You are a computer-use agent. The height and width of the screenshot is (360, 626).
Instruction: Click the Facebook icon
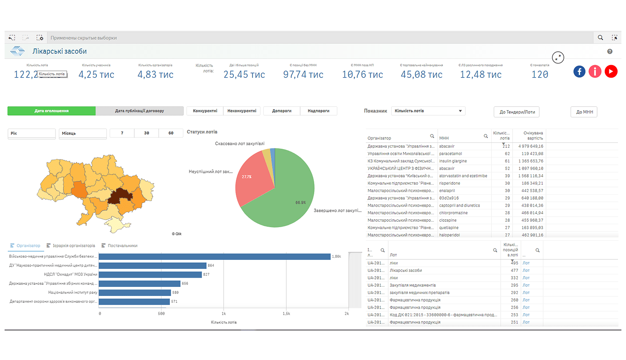[x=579, y=71]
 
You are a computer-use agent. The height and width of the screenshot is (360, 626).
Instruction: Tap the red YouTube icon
[x=611, y=71]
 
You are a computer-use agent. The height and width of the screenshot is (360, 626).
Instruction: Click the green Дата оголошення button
[x=52, y=111]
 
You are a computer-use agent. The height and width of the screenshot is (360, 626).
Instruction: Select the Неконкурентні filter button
[x=242, y=111]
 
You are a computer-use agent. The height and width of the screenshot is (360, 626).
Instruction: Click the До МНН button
[x=584, y=112]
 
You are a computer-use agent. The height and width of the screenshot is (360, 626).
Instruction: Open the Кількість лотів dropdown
[x=428, y=111]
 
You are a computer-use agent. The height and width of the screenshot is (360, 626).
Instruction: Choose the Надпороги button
[x=318, y=111]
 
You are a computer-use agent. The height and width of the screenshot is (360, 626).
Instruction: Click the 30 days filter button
[x=146, y=133]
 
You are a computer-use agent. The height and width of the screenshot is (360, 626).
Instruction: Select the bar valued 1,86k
[x=215, y=256]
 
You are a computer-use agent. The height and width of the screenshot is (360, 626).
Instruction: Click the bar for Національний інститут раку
[x=135, y=292]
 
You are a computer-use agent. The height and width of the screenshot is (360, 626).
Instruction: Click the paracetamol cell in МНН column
[x=451, y=154]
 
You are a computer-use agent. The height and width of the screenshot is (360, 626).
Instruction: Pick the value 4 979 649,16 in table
[x=530, y=146]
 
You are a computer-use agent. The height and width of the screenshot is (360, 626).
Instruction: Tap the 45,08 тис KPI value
[x=422, y=75]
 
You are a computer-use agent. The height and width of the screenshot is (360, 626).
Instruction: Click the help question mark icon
[x=610, y=51]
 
